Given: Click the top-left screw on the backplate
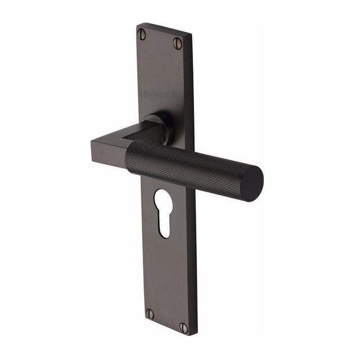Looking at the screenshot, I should click(142, 35).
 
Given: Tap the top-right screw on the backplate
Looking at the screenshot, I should click(178, 43).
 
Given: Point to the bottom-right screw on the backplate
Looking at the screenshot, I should click(184, 327).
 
